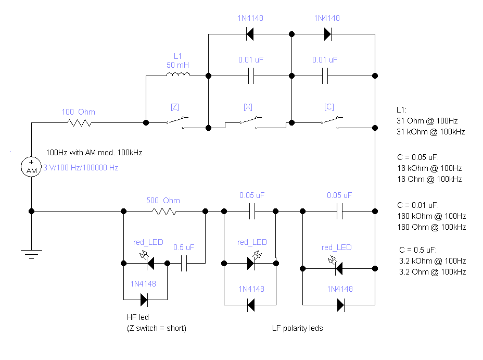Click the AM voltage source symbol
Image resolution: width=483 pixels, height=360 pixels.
pos(31,167)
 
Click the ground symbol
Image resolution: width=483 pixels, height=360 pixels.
pos(31,254)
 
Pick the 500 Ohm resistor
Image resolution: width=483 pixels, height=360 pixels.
pos(164,211)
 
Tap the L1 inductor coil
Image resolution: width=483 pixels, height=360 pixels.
pos(178,76)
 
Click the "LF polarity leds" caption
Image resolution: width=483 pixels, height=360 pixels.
pos(297,328)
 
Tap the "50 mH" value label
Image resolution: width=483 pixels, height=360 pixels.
pos(177,65)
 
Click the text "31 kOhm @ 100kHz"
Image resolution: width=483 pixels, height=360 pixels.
pos(430,132)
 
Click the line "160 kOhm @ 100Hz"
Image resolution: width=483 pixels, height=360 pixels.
pos(431,216)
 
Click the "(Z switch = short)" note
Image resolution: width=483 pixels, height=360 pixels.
pos(156,328)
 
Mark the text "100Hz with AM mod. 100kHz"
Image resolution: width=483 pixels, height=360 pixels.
pos(94,153)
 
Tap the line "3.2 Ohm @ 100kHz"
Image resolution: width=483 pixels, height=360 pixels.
pos(431,272)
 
